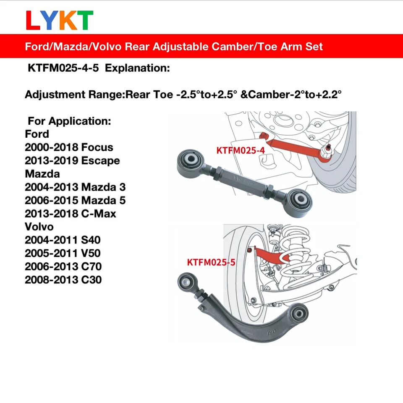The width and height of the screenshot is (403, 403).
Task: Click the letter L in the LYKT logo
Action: point(33,21)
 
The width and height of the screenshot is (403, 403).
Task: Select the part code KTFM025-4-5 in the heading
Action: point(63,68)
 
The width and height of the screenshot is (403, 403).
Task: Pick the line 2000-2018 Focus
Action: point(69,147)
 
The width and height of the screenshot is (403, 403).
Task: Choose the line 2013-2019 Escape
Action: point(72,161)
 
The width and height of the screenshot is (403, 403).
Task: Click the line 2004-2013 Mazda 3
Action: point(75,187)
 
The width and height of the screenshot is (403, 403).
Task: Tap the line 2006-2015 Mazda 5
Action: point(75,200)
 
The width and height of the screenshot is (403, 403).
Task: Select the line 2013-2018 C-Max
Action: point(71,213)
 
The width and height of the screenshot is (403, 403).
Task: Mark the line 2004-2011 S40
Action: point(63,240)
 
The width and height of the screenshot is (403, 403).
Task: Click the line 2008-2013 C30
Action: point(63,280)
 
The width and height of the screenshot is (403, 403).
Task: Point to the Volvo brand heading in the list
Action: point(39,227)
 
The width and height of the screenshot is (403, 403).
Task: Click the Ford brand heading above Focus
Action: point(37,134)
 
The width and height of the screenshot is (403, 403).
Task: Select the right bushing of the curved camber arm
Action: point(300,312)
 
